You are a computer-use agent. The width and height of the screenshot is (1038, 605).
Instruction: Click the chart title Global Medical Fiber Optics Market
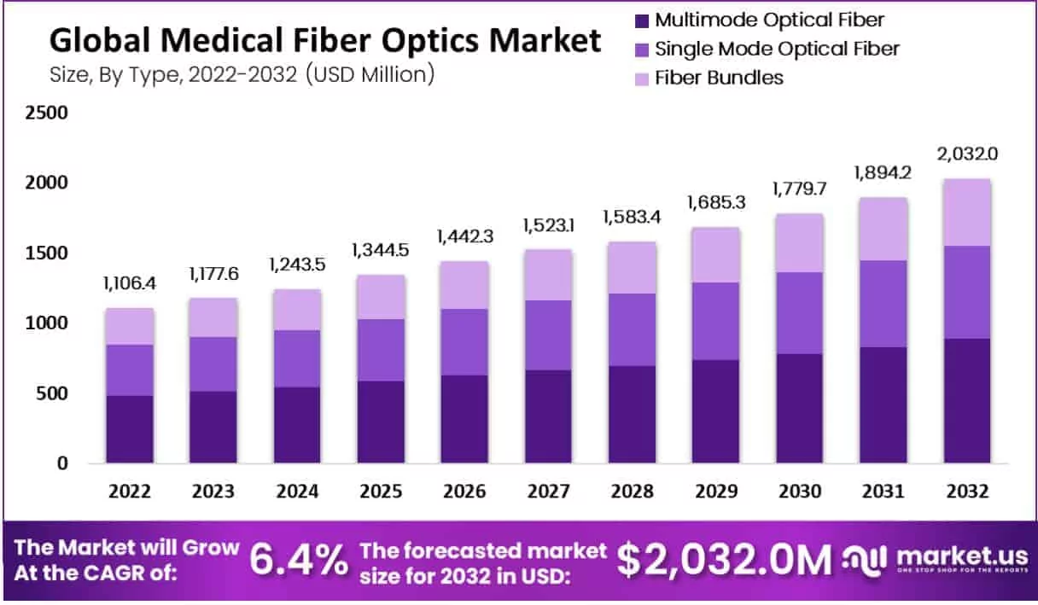[324, 40]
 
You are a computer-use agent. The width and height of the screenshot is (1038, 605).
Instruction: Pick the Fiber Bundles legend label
[719, 78]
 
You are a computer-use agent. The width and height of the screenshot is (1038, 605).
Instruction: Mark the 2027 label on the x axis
[548, 492]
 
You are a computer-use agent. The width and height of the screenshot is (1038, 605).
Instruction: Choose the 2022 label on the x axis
[130, 492]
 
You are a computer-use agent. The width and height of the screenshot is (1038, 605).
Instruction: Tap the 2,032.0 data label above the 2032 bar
[968, 154]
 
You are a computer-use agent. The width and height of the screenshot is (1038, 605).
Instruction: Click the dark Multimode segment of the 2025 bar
[381, 422]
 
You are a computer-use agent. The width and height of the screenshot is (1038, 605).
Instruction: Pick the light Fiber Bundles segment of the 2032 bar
[968, 212]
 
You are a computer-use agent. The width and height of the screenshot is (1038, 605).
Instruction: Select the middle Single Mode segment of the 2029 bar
[715, 321]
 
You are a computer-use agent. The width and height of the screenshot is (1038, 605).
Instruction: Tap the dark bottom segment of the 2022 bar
[130, 429]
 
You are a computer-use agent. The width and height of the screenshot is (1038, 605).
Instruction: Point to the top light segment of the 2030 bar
[799, 243]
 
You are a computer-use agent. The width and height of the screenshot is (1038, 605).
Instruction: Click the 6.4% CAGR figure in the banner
[299, 559]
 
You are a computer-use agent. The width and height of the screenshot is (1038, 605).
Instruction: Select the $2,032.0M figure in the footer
[724, 559]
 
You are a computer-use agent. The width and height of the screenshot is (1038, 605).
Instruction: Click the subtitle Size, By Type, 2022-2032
[242, 74]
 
